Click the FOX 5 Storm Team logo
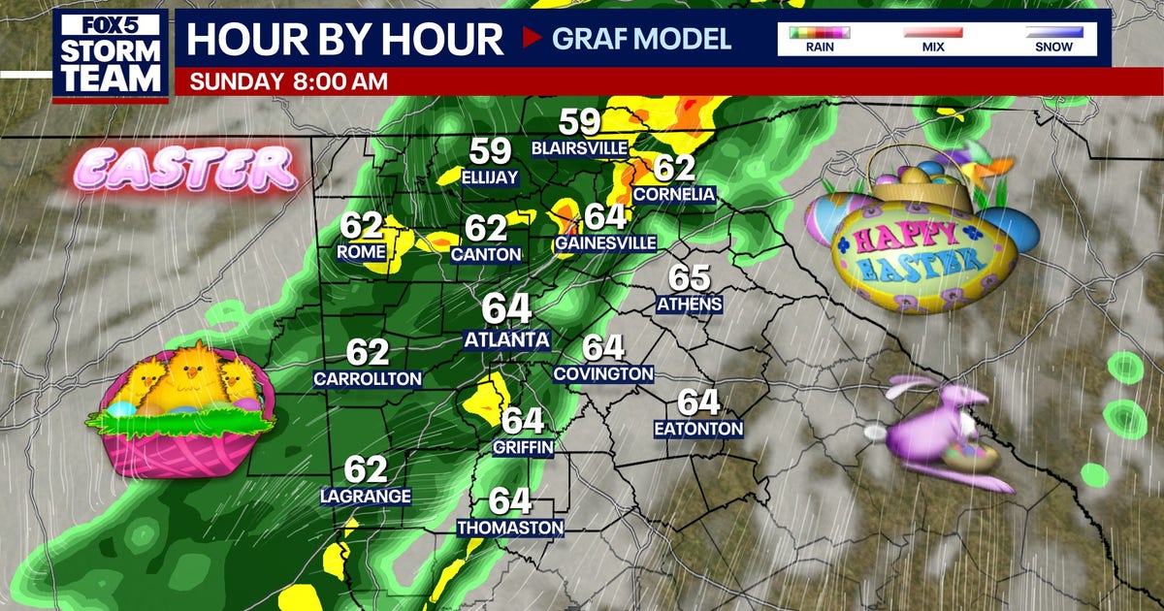[x=110, y=54]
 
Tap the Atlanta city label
[x=506, y=340]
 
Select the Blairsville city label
[x=580, y=147]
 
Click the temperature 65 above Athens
[x=689, y=278]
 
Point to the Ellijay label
[x=490, y=177]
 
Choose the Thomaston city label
[x=510, y=528]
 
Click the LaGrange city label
[x=366, y=497]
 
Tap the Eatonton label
[x=698, y=429]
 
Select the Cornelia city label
[x=674, y=195]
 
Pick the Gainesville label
[x=605, y=242]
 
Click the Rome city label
[x=361, y=252]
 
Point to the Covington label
[x=603, y=373]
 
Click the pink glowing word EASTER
[x=184, y=169]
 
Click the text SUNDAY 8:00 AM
[x=288, y=81]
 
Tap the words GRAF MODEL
[x=641, y=39]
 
